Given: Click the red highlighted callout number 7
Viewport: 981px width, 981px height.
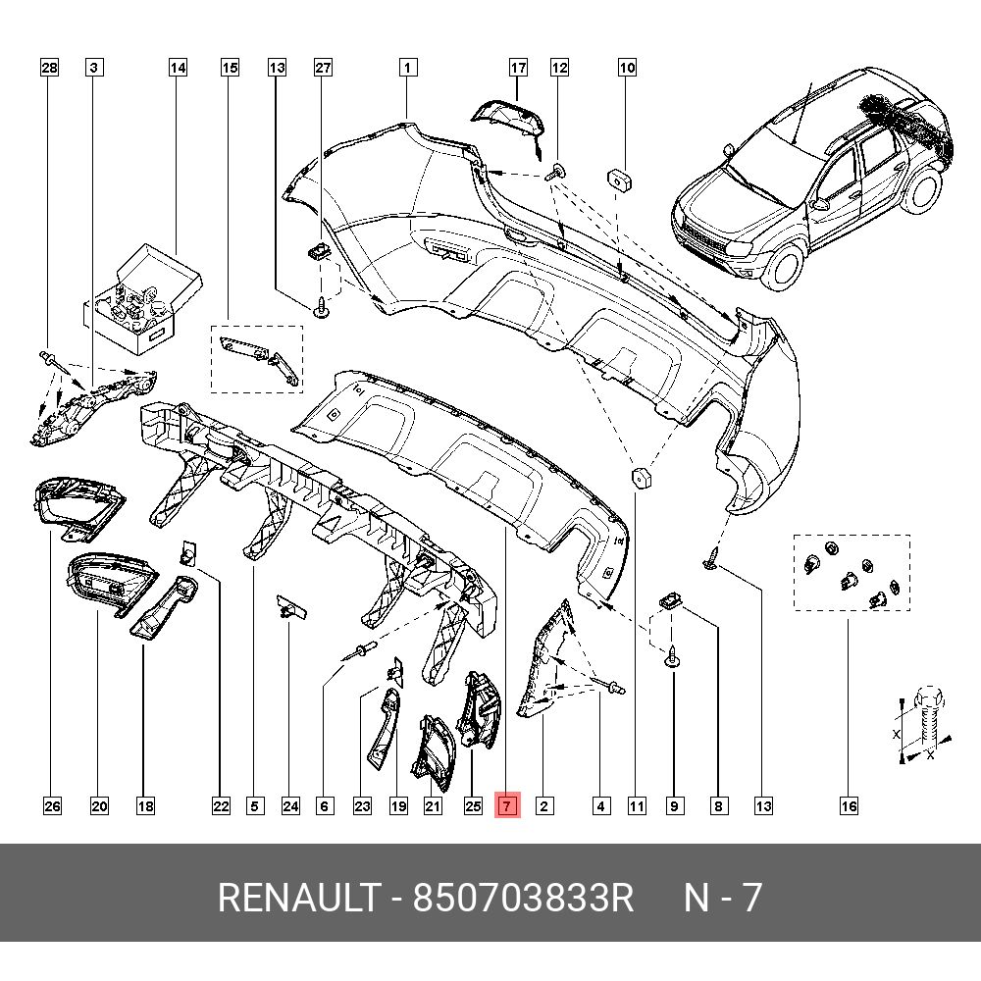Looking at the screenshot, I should [507, 806].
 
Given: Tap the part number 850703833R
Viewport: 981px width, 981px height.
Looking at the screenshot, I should [524, 898].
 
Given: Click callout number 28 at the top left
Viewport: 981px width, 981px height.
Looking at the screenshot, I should [49, 68].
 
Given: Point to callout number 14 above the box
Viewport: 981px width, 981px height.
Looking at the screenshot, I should [178, 68].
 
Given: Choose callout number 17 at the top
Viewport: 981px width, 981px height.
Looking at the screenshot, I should [518, 68].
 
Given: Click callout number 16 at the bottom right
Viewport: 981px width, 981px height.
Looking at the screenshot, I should [849, 806].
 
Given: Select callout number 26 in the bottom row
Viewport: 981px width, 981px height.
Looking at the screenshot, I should [52, 806].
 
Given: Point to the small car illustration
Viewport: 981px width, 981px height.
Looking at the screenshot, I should [809, 181].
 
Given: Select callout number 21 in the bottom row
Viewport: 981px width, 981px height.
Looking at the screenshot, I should [433, 806].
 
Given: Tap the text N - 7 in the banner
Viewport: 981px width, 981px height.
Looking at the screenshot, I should [723, 898].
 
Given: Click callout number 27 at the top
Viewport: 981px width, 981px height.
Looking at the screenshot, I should [323, 68].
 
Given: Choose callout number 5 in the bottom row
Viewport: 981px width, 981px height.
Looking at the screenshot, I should [254, 806].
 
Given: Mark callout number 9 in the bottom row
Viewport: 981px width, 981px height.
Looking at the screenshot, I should [675, 806].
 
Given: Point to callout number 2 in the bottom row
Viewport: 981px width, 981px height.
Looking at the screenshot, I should [544, 806].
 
